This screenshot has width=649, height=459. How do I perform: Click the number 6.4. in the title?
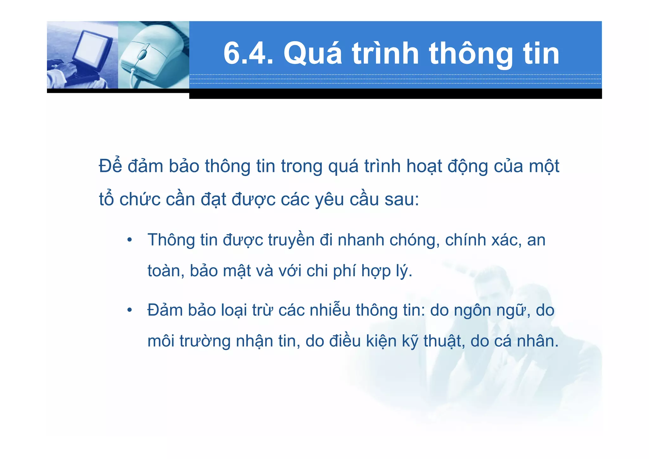tap(248, 54)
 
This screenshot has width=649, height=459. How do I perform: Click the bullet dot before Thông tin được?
tap(129, 240)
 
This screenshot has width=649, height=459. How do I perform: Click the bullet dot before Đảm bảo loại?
tap(129, 310)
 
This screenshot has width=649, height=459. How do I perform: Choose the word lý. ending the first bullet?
tap(404, 271)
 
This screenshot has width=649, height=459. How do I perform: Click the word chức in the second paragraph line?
tap(140, 200)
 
